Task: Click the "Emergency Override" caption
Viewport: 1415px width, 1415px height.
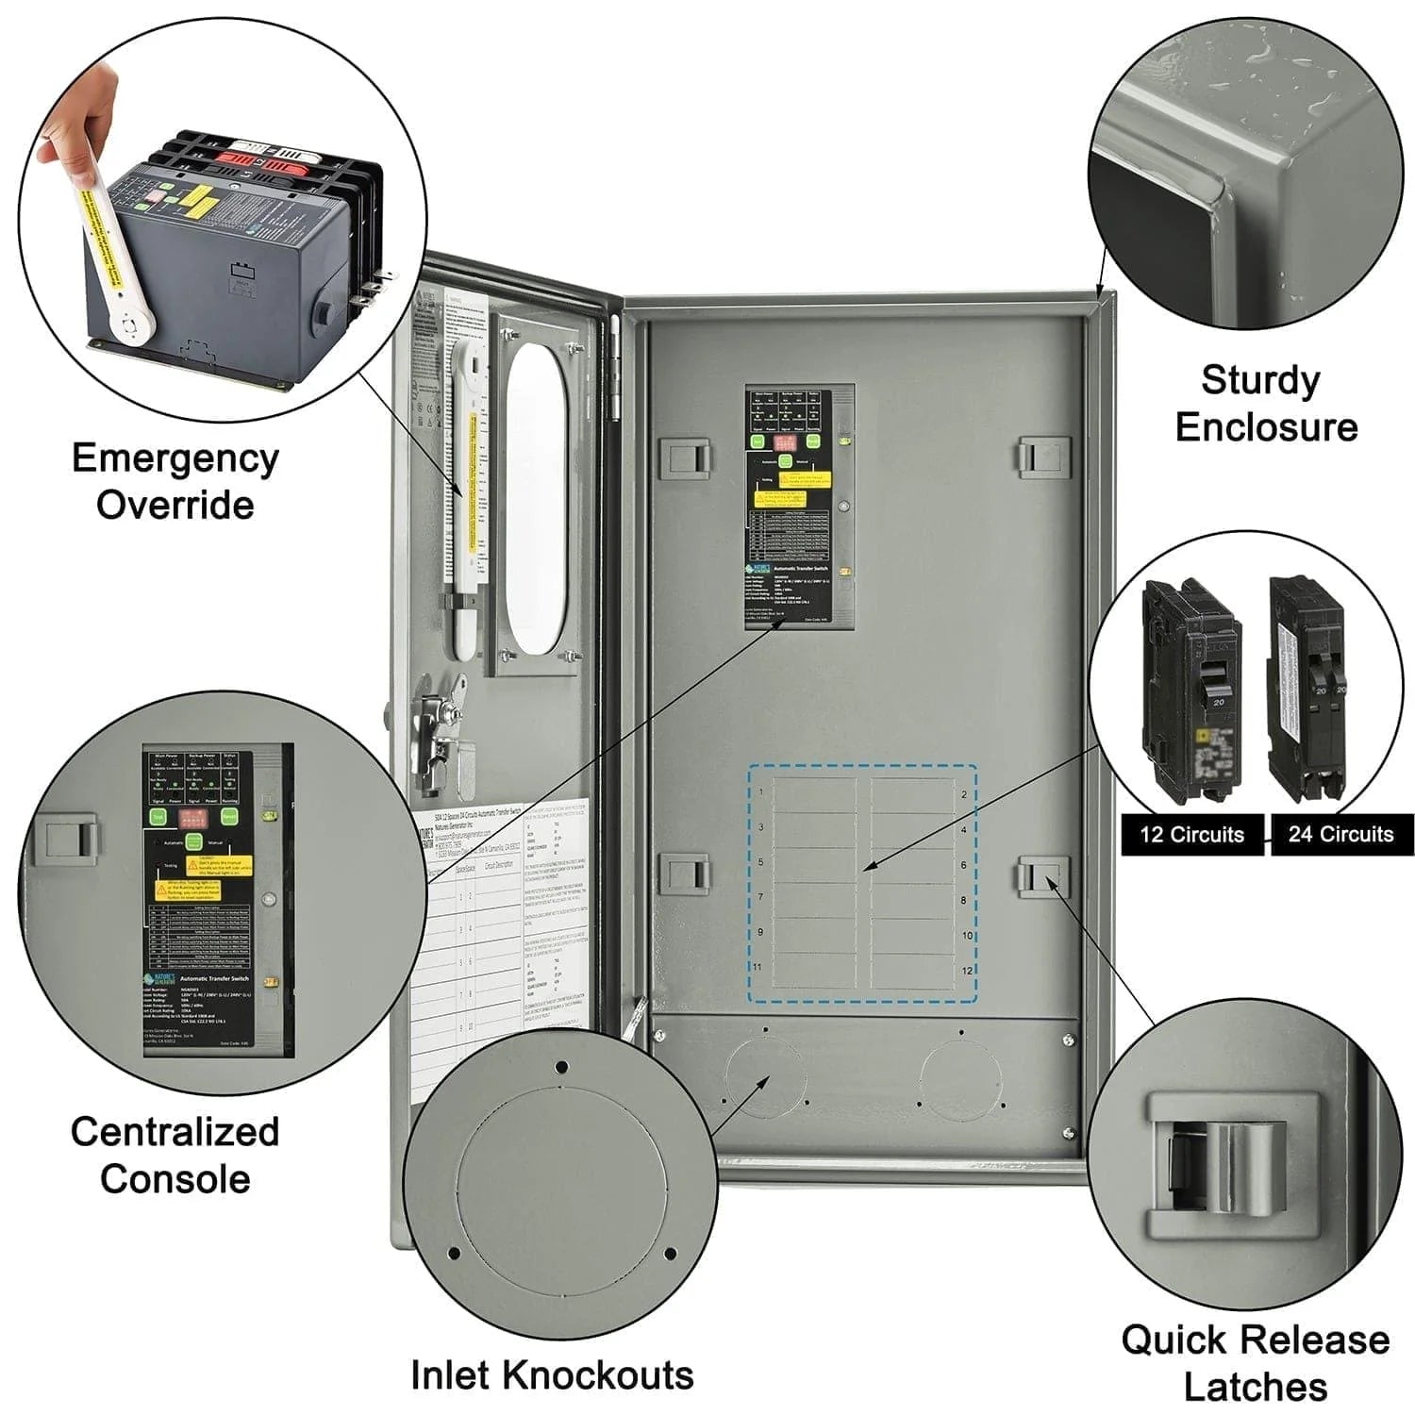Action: tap(175, 481)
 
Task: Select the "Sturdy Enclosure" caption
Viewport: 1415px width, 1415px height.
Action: tap(1265, 404)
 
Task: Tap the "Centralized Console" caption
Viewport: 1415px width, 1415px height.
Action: tap(175, 1155)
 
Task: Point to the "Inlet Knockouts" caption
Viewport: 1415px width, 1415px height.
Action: tap(552, 1374)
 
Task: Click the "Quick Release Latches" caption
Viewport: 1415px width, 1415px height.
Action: tap(1255, 1362)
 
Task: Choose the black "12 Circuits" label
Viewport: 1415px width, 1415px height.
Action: tap(1191, 835)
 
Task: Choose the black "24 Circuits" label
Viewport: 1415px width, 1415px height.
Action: tap(1340, 835)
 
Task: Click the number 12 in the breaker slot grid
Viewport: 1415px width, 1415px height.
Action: tap(966, 971)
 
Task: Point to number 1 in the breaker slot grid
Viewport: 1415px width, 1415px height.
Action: tap(761, 791)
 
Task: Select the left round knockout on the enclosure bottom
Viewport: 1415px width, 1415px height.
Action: tap(765, 1075)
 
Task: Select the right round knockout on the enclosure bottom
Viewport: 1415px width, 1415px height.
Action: tap(961, 1075)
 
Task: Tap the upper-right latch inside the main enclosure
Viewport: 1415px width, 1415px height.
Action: tap(1043, 458)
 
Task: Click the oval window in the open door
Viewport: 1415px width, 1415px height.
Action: tap(535, 500)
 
